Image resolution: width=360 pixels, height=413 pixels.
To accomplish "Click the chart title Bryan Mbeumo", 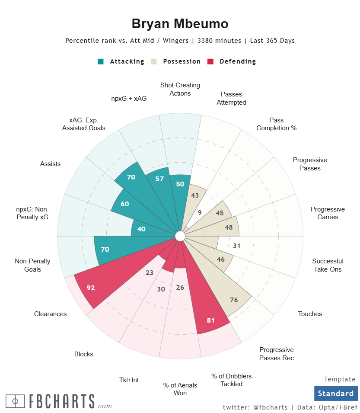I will pyautogui.click(x=180, y=24).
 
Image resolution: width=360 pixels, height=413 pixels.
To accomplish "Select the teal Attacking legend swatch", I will pyautogui.click(x=101, y=61).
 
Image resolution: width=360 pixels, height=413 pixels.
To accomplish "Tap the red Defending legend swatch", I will pyautogui.click(x=211, y=61).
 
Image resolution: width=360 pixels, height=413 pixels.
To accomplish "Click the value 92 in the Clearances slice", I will pyautogui.click(x=91, y=288).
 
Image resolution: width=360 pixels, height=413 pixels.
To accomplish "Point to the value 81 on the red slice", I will pyautogui.click(x=211, y=320).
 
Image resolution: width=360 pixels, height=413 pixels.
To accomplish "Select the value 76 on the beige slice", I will pyautogui.click(x=234, y=300).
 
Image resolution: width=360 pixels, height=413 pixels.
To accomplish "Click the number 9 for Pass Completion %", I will pyautogui.click(x=200, y=212).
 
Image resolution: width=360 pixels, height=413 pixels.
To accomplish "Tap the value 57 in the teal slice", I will pyautogui.click(x=159, y=179).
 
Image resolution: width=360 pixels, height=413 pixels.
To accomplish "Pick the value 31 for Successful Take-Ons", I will pyautogui.click(x=236, y=246).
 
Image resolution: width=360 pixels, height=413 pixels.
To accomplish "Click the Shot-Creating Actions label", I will pyautogui.click(x=180, y=89).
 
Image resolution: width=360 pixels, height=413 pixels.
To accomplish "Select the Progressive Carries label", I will pyautogui.click(x=328, y=213).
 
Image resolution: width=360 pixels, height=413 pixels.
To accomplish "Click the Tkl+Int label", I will pyautogui.click(x=129, y=380).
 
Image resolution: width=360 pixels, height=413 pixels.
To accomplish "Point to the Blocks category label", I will pyautogui.click(x=84, y=354).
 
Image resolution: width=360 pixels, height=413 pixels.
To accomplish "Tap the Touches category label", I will pyautogui.click(x=310, y=314).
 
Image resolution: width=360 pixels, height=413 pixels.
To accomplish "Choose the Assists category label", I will pyautogui.click(x=50, y=164).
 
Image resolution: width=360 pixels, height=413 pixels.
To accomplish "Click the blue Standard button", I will pyautogui.click(x=336, y=394).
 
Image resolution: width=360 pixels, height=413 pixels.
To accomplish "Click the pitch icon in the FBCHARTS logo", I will pyautogui.click(x=15, y=401).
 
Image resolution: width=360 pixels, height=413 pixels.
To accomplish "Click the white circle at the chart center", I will pyautogui.click(x=180, y=236).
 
